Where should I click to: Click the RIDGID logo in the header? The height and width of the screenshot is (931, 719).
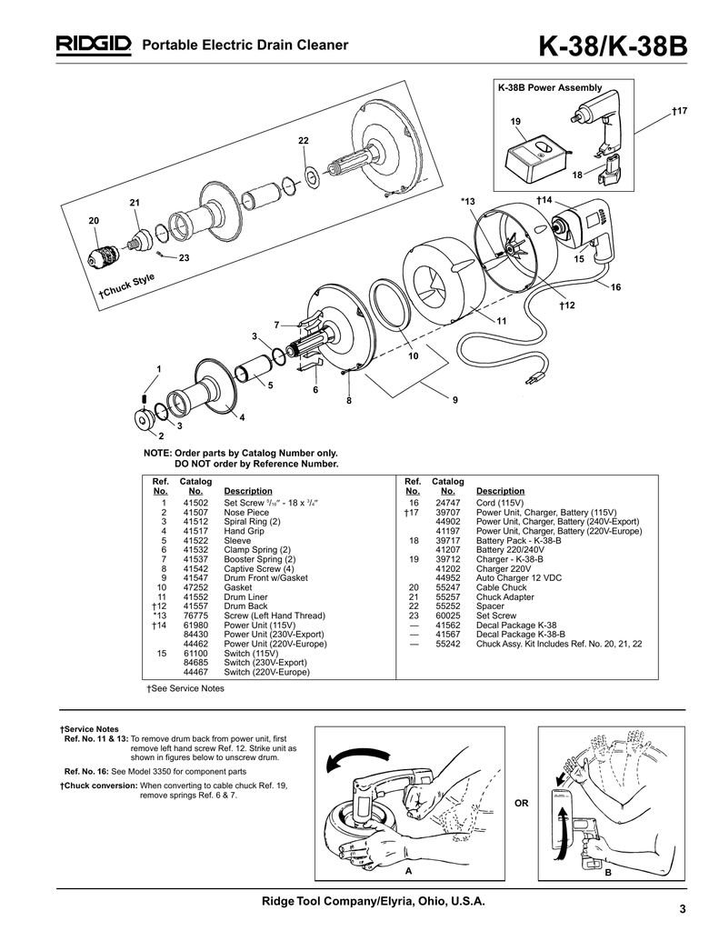click(94, 45)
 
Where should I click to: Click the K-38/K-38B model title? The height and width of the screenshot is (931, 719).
click(613, 46)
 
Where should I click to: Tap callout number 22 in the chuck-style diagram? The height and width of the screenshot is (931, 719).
click(304, 141)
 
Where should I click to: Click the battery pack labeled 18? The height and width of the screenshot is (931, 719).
click(609, 169)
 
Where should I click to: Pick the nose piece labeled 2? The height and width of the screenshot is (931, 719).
click(144, 419)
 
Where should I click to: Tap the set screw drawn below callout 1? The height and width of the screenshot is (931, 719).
click(145, 398)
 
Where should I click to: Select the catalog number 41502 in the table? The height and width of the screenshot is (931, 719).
click(195, 503)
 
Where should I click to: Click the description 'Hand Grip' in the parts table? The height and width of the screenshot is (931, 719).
click(244, 531)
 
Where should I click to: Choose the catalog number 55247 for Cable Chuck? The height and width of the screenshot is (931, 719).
click(447, 587)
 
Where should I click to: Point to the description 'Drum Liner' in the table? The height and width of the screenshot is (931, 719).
click(245, 596)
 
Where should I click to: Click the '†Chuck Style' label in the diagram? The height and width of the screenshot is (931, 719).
click(126, 286)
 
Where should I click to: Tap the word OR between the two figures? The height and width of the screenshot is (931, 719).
click(521, 804)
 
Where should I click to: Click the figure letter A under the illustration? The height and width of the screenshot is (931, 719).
click(408, 870)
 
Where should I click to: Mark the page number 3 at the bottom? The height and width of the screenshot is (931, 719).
click(683, 909)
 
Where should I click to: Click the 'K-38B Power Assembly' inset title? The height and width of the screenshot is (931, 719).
click(550, 88)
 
